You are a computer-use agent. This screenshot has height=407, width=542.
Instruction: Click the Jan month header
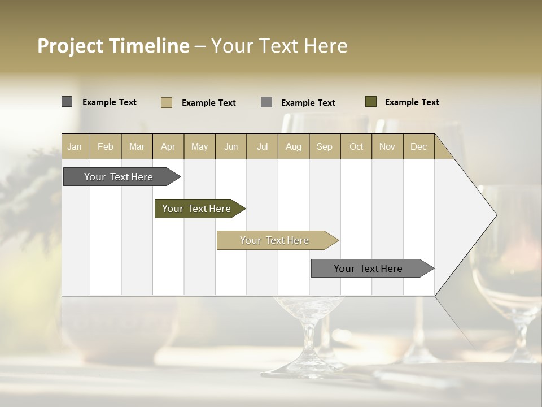click(x=75, y=146)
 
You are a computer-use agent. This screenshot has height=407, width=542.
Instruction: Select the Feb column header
click(x=106, y=146)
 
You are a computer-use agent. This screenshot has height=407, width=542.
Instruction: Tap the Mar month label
click(x=137, y=146)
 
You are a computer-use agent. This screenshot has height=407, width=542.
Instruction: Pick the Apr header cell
click(x=168, y=146)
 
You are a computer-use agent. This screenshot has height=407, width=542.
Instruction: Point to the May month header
click(x=199, y=146)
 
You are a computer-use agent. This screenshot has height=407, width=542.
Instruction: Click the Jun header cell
click(x=231, y=146)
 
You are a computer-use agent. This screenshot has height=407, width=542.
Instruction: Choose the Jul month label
click(x=262, y=146)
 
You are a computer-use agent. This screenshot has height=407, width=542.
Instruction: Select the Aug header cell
click(x=294, y=146)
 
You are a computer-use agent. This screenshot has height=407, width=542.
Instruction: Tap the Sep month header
click(x=325, y=146)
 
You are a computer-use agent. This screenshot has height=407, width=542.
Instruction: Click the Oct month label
click(x=356, y=146)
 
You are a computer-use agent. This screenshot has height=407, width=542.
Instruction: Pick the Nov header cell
click(x=387, y=146)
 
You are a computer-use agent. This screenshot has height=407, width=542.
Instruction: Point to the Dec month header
click(x=419, y=146)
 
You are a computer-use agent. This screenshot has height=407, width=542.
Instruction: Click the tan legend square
click(x=167, y=102)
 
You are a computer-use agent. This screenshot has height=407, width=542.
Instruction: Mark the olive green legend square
click(x=371, y=102)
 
